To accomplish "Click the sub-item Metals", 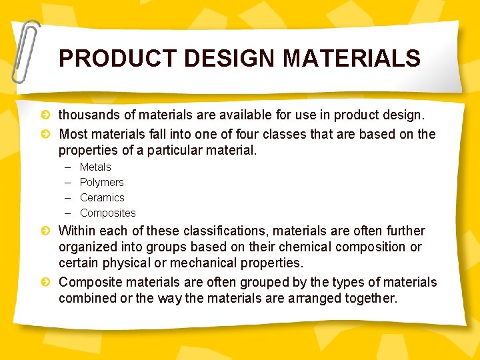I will tap(95, 167).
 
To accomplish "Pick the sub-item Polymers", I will tap(101, 182).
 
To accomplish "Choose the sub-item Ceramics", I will tap(102, 197).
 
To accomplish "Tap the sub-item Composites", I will tap(107, 213).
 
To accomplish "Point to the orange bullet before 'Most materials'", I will tap(45, 134).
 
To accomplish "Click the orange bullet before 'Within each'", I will tap(45, 231).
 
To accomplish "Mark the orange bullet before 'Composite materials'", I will tap(45, 282).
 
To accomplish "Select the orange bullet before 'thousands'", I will tap(45, 117).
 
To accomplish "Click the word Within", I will tap(77, 231).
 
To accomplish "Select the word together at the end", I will tap(368, 298).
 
